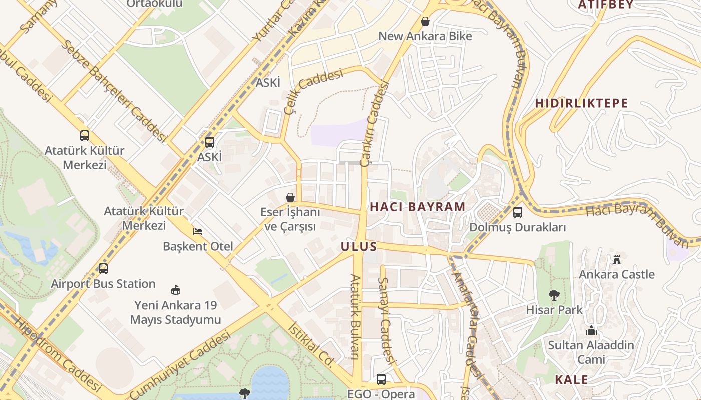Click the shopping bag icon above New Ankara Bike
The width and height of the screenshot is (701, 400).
pyautogui.click(x=425, y=21)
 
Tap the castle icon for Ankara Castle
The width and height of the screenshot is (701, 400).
pyautogui.click(x=616, y=260)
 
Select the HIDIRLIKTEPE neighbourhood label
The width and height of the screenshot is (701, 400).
pyautogui.click(x=581, y=103)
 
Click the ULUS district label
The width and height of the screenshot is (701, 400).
pyautogui.click(x=359, y=247)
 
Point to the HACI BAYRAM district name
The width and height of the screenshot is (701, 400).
pyautogui.click(x=417, y=207)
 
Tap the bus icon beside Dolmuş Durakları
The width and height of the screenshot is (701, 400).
pyautogui.click(x=518, y=212)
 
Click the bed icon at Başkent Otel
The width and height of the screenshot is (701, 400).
pyautogui.click(x=198, y=232)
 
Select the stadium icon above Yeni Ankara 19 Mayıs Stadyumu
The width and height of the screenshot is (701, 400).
pyautogui.click(x=176, y=290)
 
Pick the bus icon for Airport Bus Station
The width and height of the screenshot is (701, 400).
pyautogui.click(x=103, y=269)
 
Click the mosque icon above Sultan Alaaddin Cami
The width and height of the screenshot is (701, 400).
pyautogui.click(x=591, y=331)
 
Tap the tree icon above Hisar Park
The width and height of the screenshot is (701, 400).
pyautogui.click(x=554, y=295)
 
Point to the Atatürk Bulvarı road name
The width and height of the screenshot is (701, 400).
pyautogui.click(x=355, y=317)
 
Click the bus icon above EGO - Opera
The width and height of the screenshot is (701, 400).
pyautogui.click(x=381, y=379)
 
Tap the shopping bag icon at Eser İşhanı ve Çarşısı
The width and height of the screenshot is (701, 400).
pyautogui.click(x=290, y=197)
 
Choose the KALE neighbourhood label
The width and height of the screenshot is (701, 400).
pyautogui.click(x=571, y=380)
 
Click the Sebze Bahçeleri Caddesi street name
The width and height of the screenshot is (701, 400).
pyautogui.click(x=113, y=91)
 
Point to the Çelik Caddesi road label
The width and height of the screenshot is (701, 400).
pyautogui.click(x=313, y=91)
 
